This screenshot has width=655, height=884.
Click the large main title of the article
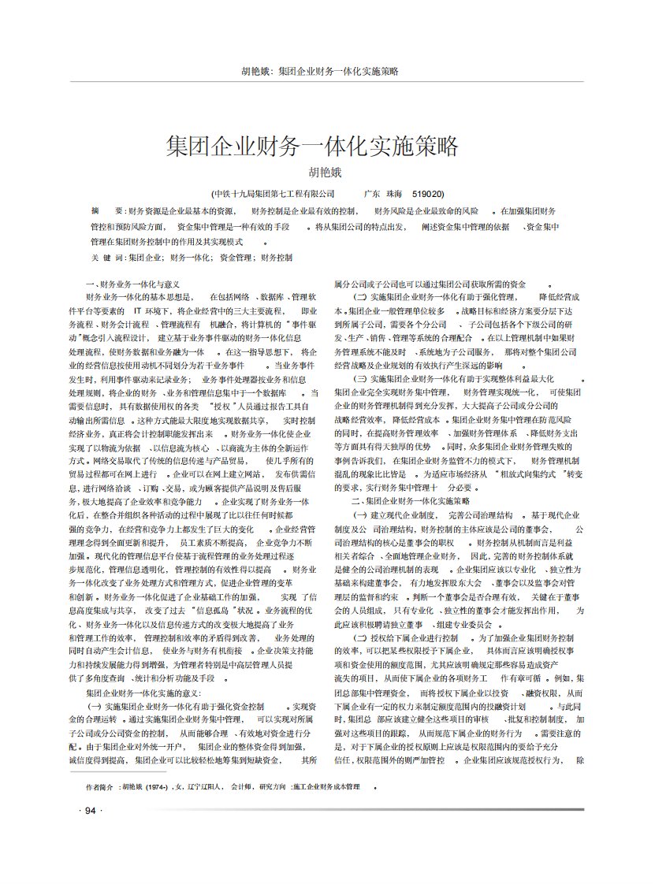[312, 147]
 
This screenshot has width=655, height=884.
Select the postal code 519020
[427, 193]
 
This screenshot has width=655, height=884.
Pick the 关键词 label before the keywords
[106, 258]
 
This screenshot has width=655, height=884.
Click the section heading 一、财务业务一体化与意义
[132, 284]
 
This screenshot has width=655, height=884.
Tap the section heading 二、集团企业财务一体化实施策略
[410, 501]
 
